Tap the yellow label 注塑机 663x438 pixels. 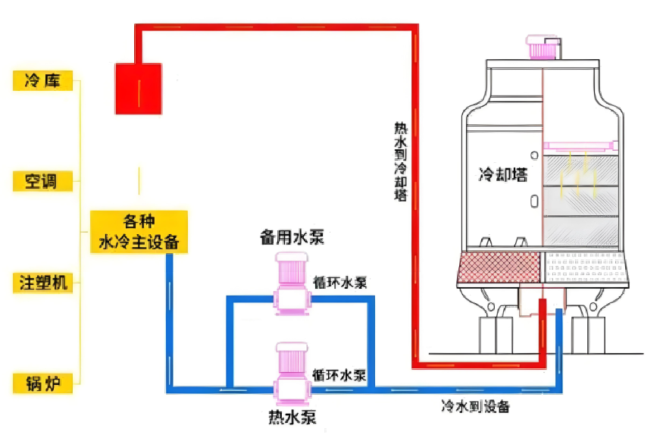(x=44, y=283)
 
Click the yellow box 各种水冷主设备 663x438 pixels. (x=139, y=231)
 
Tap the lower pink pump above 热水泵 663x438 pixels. (x=289, y=371)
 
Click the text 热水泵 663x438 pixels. (x=292, y=418)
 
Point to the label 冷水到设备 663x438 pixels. (x=475, y=406)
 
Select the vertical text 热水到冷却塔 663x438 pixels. (x=400, y=162)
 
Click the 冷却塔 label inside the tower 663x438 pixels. (x=502, y=175)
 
